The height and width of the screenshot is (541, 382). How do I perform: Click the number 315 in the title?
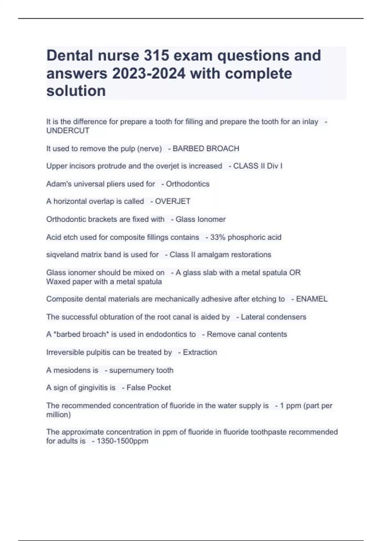pyautogui.click(x=156, y=56)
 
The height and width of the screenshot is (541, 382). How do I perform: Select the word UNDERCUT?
pyautogui.click(x=68, y=131)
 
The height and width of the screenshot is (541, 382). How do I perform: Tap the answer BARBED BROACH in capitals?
pyautogui.click(x=206, y=149)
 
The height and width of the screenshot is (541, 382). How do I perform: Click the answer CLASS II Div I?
pyautogui.click(x=258, y=166)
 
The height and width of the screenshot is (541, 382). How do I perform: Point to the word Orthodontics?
pyautogui.click(x=187, y=184)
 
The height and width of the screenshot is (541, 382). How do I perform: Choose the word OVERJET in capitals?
pyautogui.click(x=173, y=201)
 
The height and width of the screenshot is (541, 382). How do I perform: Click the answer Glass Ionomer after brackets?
pyautogui.click(x=201, y=219)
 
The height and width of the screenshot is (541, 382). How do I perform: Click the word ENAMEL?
pyautogui.click(x=312, y=299)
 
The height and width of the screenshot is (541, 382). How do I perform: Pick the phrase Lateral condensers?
pyautogui.click(x=273, y=317)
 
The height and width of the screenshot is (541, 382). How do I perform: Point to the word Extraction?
pyautogui.click(x=200, y=352)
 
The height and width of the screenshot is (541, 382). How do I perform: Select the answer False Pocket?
pyautogui.click(x=149, y=388)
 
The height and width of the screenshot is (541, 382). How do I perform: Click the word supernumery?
pyautogui.click(x=131, y=370)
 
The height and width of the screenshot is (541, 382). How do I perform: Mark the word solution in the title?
pyautogui.click(x=76, y=91)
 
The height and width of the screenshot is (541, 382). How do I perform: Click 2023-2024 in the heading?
pyautogui.click(x=148, y=74)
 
